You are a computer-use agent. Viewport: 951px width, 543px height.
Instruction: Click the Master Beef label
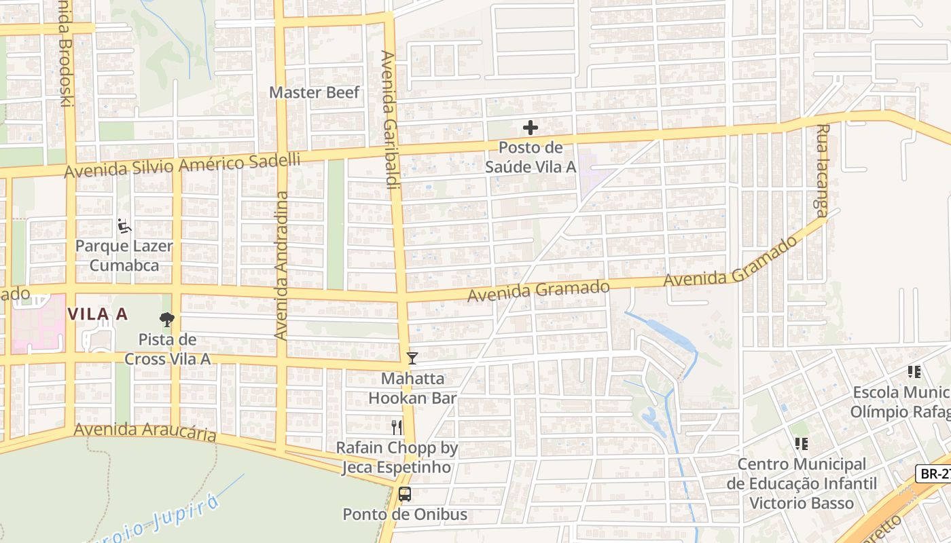pos(314,92)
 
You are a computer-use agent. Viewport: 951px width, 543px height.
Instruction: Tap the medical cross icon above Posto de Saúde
pos(530,127)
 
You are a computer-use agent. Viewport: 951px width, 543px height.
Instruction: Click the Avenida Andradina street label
pos(281,265)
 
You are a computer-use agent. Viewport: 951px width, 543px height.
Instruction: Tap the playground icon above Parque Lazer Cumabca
pos(124,225)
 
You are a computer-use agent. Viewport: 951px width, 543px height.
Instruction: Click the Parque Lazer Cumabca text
pos(124,255)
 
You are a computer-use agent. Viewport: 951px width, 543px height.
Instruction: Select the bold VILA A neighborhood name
pos(98,314)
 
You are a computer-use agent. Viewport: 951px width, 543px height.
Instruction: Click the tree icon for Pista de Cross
pos(166,319)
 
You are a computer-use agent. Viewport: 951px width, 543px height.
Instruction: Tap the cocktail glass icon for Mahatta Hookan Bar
pos(412,358)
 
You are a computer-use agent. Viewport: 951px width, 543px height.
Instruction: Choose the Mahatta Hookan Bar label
pos(412,388)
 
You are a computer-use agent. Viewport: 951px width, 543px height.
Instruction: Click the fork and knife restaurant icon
pos(397,427)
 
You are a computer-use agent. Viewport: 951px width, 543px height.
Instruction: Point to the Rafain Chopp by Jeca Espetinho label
pos(397,457)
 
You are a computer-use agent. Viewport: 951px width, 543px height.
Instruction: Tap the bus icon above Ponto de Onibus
pos(405,493)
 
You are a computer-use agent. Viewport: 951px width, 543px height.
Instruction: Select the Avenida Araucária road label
pos(145,432)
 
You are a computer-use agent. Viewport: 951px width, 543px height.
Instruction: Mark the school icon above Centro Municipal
pos(801,443)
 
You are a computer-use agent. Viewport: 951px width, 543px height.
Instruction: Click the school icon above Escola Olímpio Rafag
pos(914,371)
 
